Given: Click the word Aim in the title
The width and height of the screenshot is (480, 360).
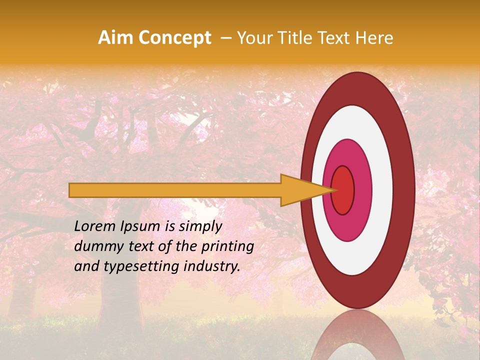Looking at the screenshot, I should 115,38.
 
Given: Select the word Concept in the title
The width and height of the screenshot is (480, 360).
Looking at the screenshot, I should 174,38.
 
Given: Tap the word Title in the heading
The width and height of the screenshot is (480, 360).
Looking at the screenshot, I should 297,38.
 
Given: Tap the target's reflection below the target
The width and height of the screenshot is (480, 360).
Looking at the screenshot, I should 358,337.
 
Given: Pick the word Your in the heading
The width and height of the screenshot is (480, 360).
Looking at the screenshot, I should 253,38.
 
